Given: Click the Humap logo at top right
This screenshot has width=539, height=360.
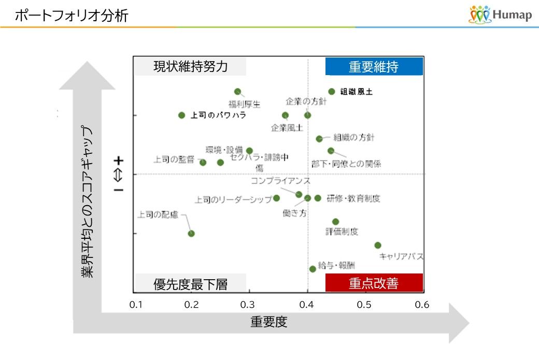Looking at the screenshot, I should (500, 15).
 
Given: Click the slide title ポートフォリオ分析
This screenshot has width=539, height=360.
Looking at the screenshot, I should (71, 16).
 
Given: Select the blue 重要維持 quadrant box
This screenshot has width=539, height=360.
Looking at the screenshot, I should (374, 67).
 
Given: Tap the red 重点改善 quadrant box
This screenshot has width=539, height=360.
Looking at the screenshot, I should (374, 283).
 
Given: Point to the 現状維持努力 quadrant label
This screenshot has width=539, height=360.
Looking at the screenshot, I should (190, 67).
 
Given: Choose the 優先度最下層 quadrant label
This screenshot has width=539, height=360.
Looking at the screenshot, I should (190, 284).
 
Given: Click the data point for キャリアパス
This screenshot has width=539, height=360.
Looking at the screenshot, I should (377, 245).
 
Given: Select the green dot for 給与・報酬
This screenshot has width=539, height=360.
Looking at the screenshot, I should (313, 269).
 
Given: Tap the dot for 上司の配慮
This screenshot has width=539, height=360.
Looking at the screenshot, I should (191, 234).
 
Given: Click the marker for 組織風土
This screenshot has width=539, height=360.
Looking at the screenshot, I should (332, 92).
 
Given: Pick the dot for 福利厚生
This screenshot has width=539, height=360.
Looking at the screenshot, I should (238, 92).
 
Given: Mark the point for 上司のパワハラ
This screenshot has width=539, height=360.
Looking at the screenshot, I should (181, 115).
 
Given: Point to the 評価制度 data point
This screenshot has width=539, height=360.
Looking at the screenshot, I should (335, 222).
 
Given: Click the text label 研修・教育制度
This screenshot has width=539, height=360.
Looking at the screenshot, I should (354, 198).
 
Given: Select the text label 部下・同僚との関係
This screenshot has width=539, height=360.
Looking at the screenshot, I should (346, 164).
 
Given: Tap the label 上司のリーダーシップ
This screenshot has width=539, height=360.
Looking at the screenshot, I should (233, 199).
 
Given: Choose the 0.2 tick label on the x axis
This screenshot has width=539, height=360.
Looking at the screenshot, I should (192, 305).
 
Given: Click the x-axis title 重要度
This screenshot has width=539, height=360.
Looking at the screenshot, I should (268, 322).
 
